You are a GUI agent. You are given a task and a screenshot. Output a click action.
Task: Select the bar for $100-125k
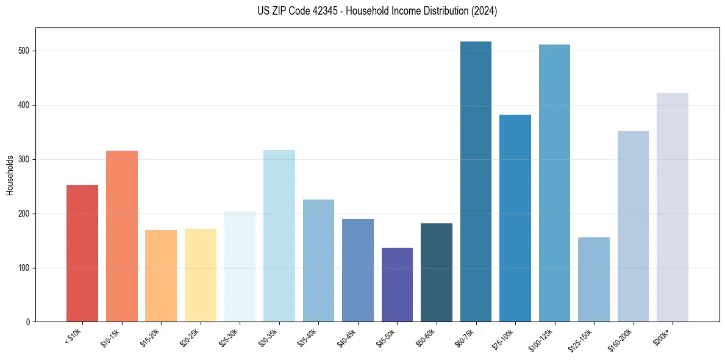point(554,183)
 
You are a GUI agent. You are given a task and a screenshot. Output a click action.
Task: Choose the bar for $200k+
point(673,207)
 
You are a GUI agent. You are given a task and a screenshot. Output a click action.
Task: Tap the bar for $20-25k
point(201,275)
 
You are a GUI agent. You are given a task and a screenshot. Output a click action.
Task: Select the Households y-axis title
point(10,175)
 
